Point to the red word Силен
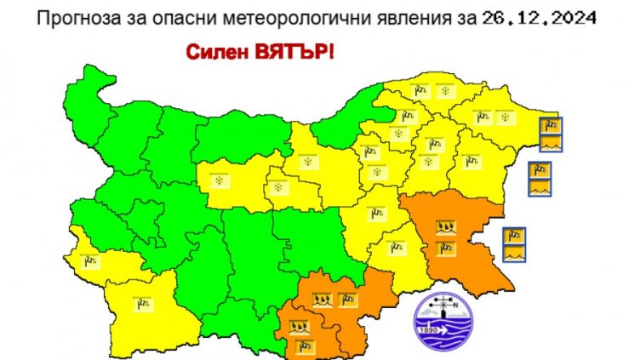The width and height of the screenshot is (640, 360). coord(214,52)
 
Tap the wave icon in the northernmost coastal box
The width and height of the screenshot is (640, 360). coord(551,140)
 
